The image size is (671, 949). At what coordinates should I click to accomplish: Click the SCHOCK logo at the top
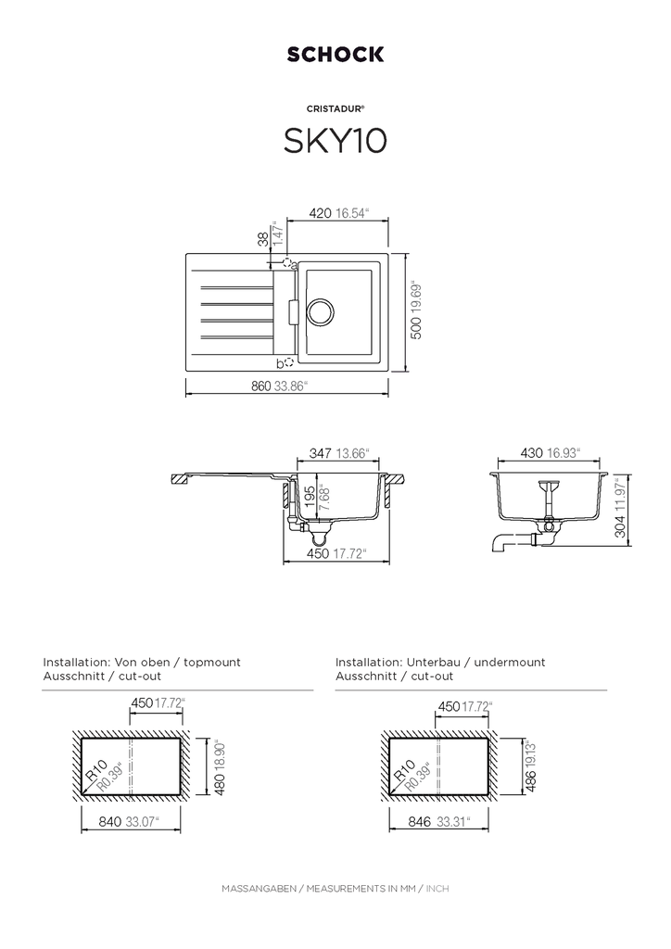tap(335, 55)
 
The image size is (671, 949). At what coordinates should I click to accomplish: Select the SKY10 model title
tap(335, 141)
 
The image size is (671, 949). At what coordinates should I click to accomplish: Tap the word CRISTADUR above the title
tap(334, 109)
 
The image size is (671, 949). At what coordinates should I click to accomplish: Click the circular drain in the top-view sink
tap(320, 311)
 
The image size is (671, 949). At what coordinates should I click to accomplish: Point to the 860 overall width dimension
tap(261, 386)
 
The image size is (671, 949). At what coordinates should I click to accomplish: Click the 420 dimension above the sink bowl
tap(320, 213)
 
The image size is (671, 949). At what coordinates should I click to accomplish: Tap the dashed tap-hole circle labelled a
tap(287, 261)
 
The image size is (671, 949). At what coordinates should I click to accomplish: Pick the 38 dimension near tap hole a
tap(263, 239)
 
